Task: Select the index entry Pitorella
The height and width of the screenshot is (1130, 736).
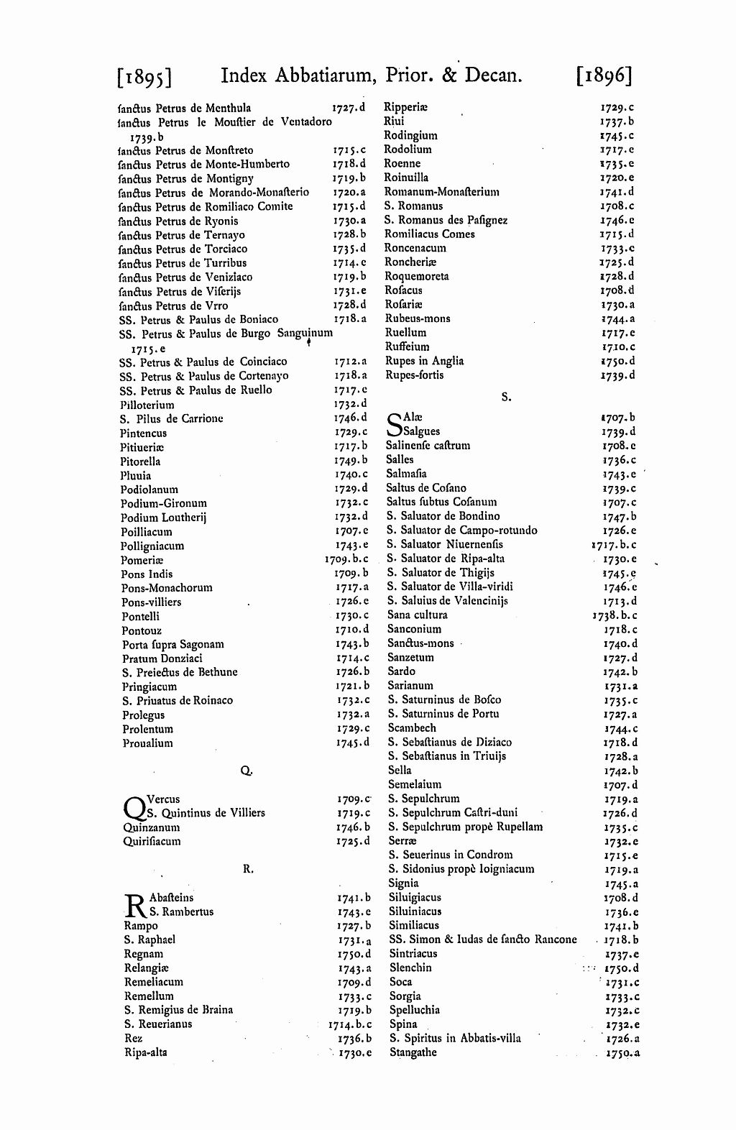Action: tap(140, 461)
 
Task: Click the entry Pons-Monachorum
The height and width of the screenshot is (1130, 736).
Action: tap(167, 588)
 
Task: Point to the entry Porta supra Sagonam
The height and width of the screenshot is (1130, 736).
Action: tap(172, 645)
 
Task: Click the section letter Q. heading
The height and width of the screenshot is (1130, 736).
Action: tap(245, 771)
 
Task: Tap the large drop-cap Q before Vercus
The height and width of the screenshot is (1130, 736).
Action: tap(134, 807)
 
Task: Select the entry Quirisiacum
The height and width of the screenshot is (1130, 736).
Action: tap(152, 842)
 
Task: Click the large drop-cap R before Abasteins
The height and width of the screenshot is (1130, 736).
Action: tap(134, 906)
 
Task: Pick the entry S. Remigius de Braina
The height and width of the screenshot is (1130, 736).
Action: tap(178, 1010)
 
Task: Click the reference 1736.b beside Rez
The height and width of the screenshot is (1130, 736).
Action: tap(354, 1039)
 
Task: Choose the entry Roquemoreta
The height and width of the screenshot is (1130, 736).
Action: tap(417, 277)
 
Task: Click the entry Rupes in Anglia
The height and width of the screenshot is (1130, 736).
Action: tap(424, 361)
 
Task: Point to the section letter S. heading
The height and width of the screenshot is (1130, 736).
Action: tap(505, 396)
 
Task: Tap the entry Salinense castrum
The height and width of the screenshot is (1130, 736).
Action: tap(428, 446)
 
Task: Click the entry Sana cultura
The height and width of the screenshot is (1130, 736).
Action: tap(417, 615)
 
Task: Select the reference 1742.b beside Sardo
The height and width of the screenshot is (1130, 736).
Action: tap(620, 672)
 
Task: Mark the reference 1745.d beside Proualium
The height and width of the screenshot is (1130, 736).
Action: tap(353, 743)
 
